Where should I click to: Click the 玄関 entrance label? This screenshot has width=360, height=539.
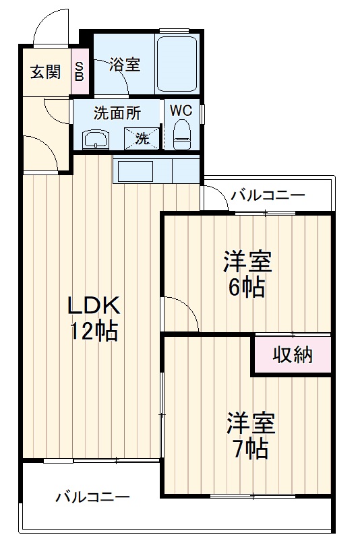(x=44, y=71)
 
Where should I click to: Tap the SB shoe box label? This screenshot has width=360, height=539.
(x=80, y=71)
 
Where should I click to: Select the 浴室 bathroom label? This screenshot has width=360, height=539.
(x=125, y=65)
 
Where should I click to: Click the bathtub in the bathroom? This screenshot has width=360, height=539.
(x=177, y=64)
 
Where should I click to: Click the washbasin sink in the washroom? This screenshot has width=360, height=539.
(x=96, y=139)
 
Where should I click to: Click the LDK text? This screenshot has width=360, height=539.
(x=92, y=306)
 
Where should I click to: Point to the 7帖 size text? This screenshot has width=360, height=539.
(x=249, y=447)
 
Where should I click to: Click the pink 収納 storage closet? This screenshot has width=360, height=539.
(x=293, y=355)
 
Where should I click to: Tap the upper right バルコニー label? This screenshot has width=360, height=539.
(x=268, y=196)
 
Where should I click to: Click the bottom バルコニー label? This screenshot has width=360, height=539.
(x=92, y=498)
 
